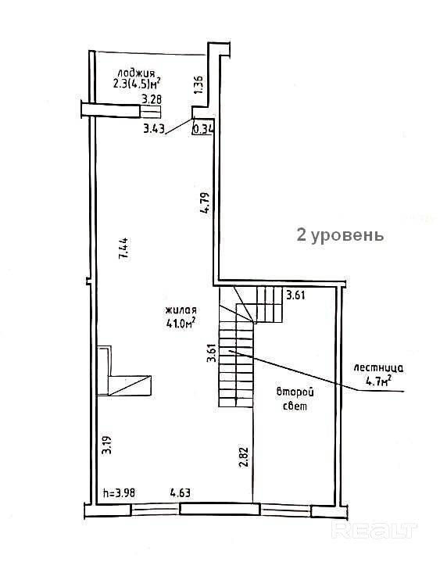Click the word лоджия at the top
(x=136, y=73)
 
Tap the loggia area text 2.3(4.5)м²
(x=136, y=84)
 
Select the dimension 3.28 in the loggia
(x=152, y=99)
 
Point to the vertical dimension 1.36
(x=199, y=84)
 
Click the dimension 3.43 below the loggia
(x=154, y=129)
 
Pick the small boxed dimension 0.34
(x=203, y=129)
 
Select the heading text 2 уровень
(x=340, y=235)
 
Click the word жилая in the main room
(x=181, y=311)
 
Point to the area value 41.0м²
(x=181, y=324)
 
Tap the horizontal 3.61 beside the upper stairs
(x=295, y=295)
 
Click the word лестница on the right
(x=378, y=368)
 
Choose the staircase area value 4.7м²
(x=378, y=381)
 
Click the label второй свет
(x=295, y=399)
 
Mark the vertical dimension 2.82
(x=244, y=457)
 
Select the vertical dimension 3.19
(x=107, y=445)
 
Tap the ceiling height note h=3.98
(x=120, y=493)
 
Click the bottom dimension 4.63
(x=180, y=493)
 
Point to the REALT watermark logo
(x=375, y=530)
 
